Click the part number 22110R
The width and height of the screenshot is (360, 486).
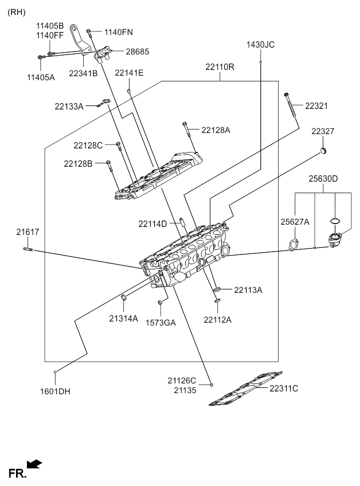(x=220, y=67)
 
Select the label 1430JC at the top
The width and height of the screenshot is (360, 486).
(x=260, y=44)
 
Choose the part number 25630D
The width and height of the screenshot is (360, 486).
(x=323, y=179)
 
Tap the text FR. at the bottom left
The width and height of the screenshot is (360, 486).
(x=17, y=473)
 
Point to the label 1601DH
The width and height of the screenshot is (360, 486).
(x=55, y=392)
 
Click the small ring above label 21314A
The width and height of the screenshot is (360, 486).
(x=124, y=297)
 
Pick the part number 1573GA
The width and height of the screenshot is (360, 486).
(x=161, y=323)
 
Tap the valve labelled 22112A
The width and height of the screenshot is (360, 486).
(x=217, y=297)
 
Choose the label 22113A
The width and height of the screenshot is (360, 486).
(x=248, y=290)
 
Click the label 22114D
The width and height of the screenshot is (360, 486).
(x=152, y=224)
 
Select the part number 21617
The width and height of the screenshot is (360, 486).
(x=28, y=232)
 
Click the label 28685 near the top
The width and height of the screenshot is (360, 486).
(x=137, y=52)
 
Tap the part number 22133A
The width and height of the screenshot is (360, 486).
(x=69, y=106)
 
